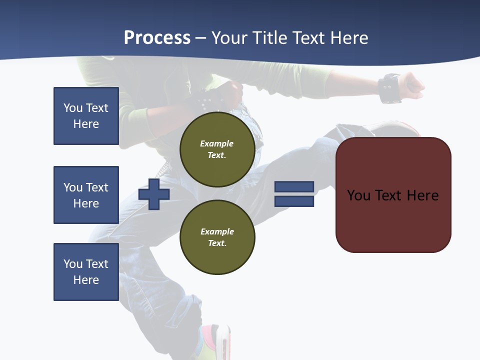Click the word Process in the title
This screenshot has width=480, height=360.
[157, 38]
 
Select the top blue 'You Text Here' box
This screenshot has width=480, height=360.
[86, 116]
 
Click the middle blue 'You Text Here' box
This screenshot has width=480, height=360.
[86, 195]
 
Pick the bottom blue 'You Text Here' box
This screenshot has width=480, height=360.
[86, 271]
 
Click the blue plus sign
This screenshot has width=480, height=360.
[154, 194]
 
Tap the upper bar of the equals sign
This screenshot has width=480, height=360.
[294, 186]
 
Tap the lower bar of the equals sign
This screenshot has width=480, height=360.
[294, 201]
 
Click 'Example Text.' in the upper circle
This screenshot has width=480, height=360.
[217, 149]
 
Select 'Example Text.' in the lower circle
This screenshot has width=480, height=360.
[217, 237]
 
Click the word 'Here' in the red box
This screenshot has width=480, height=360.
[422, 195]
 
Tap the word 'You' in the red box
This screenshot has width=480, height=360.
[358, 195]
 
